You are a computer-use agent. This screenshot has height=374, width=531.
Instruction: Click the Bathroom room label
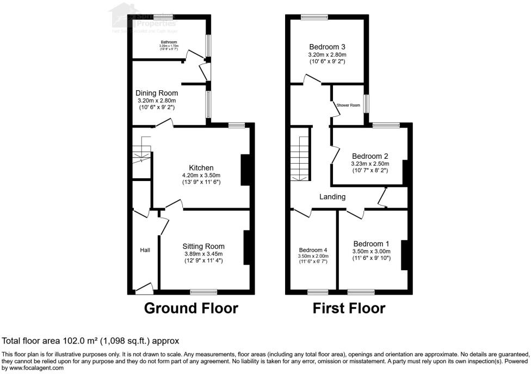(168, 41)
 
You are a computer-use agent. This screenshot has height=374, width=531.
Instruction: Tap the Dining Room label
(157, 93)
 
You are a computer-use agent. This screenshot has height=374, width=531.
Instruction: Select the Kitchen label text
(201, 167)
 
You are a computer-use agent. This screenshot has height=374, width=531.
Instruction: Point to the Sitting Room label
(203, 246)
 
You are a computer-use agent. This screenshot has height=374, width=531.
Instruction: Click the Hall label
(145, 250)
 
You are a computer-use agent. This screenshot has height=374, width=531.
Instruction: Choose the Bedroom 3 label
(328, 46)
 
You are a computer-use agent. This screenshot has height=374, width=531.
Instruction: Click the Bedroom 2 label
(369, 155)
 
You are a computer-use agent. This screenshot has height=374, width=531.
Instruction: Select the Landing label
(332, 197)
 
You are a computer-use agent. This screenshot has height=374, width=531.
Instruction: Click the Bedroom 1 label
(371, 243)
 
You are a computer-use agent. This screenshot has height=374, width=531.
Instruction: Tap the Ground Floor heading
(191, 308)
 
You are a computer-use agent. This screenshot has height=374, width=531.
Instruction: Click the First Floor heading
(349, 308)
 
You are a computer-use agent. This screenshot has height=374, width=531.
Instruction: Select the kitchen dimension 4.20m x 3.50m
(201, 175)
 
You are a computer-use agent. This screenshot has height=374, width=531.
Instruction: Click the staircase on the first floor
(300, 158)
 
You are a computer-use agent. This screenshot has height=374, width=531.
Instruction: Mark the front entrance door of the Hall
(145, 288)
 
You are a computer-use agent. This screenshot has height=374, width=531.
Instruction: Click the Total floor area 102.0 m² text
(90, 341)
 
